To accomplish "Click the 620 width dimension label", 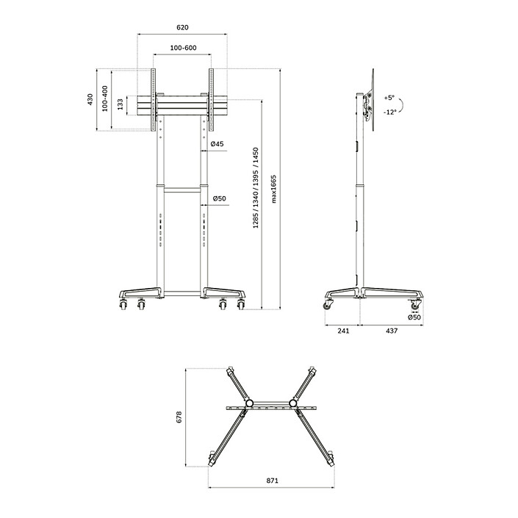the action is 182,27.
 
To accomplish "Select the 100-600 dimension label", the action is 184,48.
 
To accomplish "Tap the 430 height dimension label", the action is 90,100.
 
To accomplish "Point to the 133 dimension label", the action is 120,104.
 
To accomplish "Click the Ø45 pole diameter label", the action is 217,144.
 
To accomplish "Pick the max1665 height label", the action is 273,189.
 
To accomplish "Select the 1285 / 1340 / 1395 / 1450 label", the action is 256,188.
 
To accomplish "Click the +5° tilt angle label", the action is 389,98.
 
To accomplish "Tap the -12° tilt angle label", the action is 390,112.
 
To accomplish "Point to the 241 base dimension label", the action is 343,331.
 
